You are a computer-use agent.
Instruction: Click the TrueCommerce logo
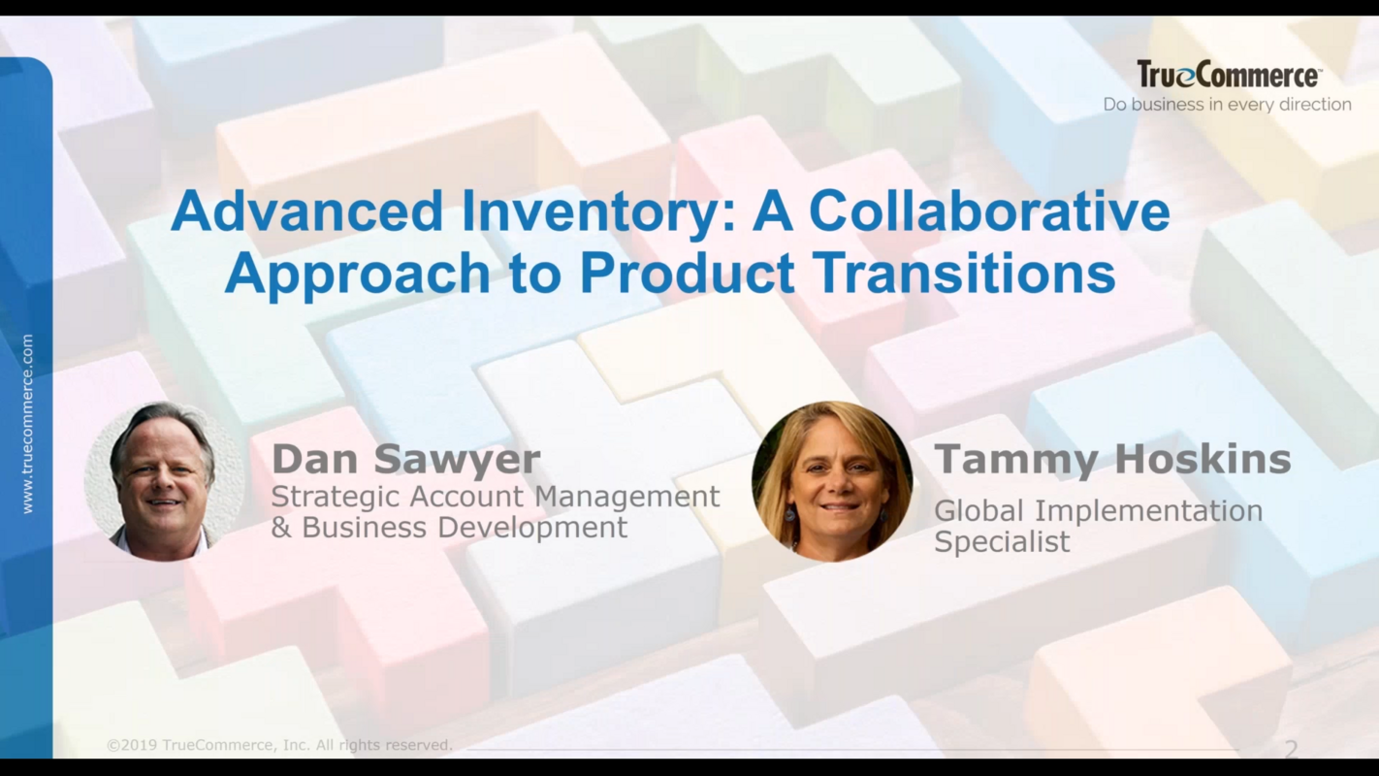[1228, 75]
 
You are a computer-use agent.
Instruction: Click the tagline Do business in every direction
[1227, 105]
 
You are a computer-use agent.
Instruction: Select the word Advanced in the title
[306, 211]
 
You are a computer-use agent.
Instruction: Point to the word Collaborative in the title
[989, 211]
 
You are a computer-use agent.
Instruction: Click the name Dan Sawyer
[405, 459]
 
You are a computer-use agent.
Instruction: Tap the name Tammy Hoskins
[1111, 459]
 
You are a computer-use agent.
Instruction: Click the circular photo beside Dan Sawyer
[163, 481]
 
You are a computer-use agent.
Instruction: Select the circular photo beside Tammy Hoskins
[831, 481]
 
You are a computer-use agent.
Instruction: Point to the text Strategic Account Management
[495, 497]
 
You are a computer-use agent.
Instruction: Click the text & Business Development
[449, 528]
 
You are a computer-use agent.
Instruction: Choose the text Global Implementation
[1098, 511]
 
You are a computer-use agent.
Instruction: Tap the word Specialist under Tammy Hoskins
[1002, 542]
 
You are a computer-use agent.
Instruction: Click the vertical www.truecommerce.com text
[26, 424]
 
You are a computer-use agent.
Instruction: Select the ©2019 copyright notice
[279, 745]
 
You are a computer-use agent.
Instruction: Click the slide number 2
[1291, 749]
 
